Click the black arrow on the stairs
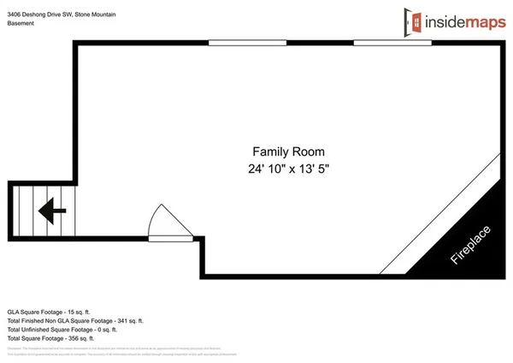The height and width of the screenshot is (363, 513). (53, 207)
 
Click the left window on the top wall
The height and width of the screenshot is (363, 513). (235, 43)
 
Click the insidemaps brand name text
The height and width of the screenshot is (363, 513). (463, 20)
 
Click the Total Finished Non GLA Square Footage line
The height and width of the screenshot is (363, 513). (76, 318)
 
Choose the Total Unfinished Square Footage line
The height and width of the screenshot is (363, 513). (62, 329)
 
